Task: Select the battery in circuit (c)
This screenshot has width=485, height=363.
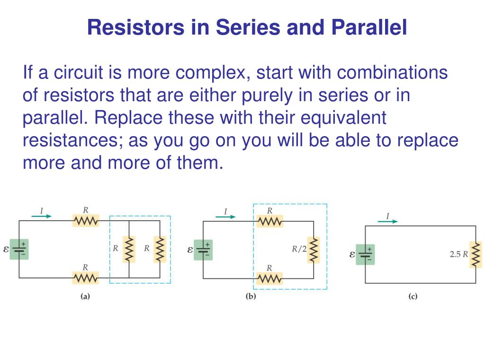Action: point(365,254)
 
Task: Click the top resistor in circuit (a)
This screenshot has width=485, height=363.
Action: point(86,220)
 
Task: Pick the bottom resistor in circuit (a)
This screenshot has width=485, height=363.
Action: point(85,278)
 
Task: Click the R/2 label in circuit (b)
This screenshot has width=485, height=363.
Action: point(299,249)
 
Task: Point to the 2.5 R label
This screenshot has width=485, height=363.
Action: point(458,254)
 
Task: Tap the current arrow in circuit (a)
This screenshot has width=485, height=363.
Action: point(42,216)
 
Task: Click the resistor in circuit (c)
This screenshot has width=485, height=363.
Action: point(476,254)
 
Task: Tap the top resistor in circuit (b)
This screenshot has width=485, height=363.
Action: point(270,221)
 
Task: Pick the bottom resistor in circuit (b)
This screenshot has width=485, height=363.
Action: point(269,278)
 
